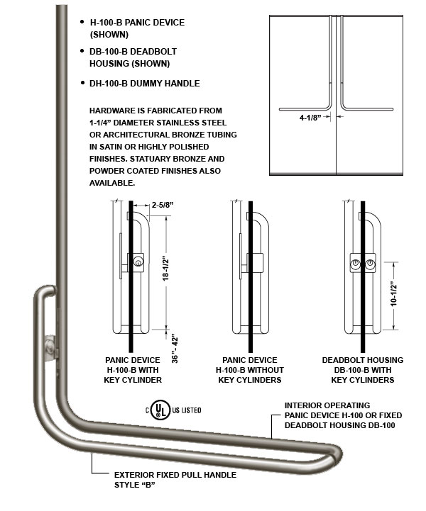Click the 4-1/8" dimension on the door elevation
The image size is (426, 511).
click(310, 118)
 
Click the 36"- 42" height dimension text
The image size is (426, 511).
click(175, 348)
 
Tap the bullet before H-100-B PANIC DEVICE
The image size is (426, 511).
click(84, 23)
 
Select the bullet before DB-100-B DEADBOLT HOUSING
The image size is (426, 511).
click(84, 52)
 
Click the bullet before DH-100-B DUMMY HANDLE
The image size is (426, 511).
click(84, 84)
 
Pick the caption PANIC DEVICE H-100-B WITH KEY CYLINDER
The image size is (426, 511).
click(133, 370)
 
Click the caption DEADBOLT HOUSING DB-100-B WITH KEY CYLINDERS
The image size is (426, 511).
click(362, 370)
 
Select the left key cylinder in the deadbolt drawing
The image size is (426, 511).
click(355, 264)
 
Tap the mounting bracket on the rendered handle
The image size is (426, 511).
click(48, 349)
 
